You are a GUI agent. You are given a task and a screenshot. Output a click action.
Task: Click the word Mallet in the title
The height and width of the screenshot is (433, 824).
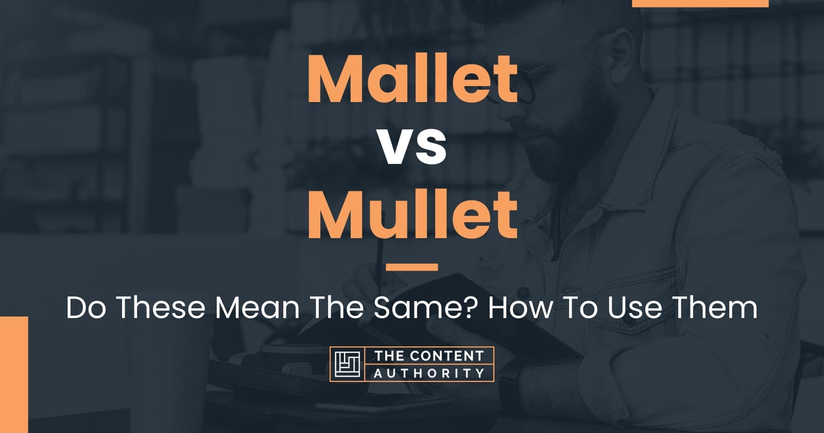tap(413, 80)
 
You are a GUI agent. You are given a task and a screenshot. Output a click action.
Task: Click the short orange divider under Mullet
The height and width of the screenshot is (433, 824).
tap(412, 267)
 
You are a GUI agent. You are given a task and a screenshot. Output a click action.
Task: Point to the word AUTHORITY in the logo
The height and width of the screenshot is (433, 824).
tap(428, 373)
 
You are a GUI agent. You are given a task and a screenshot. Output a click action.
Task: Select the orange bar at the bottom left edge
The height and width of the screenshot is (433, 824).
tap(13, 374)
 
